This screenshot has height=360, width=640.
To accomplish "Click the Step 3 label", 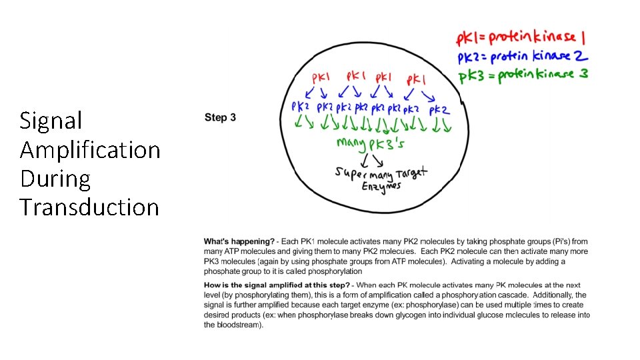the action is [x=220, y=118].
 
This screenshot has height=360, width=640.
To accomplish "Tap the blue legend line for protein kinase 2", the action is [x=523, y=56].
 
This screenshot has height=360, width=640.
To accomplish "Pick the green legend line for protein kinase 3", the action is [x=523, y=75].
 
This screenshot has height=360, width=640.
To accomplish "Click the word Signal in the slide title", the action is [x=51, y=121].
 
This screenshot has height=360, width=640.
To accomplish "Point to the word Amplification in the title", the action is [x=90, y=150].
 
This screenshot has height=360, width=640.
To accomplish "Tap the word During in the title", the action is [x=55, y=179].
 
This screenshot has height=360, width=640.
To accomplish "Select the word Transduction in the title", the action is [x=89, y=207].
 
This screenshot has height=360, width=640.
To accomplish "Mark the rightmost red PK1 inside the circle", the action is [x=417, y=80].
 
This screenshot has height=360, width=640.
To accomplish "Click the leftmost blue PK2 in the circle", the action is [x=301, y=107].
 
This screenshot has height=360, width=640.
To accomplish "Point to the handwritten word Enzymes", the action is [x=381, y=187].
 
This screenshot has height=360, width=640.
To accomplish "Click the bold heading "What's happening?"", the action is [x=239, y=241].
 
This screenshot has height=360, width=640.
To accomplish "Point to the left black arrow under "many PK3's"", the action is [x=365, y=161].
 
